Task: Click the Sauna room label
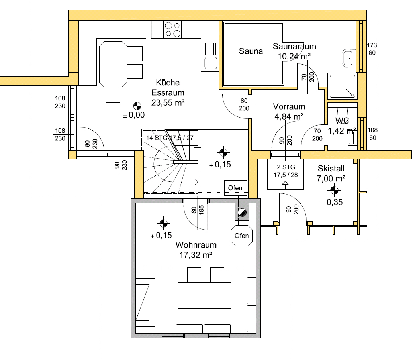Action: click(x=251, y=51)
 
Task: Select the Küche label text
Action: click(x=168, y=83)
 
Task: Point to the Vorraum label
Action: click(x=289, y=106)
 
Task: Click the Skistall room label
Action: click(x=331, y=169)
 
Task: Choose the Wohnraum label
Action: click(x=196, y=245)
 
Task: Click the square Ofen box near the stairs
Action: click(x=235, y=188)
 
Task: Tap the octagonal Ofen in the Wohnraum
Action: click(x=242, y=236)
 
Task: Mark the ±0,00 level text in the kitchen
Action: click(x=134, y=115)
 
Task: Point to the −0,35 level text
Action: click(x=332, y=203)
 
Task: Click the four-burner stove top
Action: click(x=172, y=30)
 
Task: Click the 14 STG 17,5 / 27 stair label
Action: click(x=170, y=138)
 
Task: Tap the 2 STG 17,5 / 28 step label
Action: click(x=286, y=171)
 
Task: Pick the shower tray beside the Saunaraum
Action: click(x=343, y=86)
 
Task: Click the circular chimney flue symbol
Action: click(x=242, y=212)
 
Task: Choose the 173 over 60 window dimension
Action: click(x=372, y=49)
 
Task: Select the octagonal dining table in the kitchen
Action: click(x=113, y=64)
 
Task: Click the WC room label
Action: click(x=342, y=120)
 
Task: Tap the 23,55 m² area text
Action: click(x=168, y=102)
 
